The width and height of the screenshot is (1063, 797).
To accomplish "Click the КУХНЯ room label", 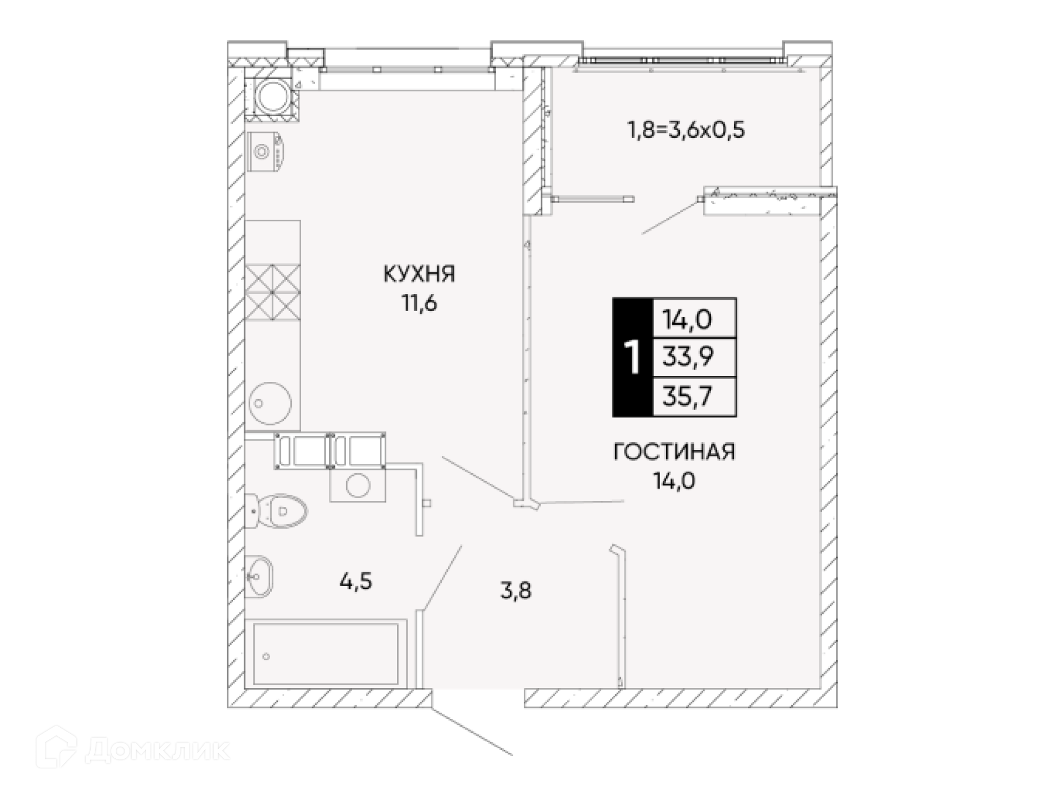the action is pyautogui.click(x=419, y=274).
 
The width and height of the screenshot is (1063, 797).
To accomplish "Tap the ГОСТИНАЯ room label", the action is pyautogui.click(x=674, y=452).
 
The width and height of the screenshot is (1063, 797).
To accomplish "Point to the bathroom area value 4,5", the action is pyautogui.click(x=355, y=582).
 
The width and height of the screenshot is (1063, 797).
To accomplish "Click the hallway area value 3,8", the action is pyautogui.click(x=515, y=591).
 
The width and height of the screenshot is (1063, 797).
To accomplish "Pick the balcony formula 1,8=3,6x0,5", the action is pyautogui.click(x=686, y=130).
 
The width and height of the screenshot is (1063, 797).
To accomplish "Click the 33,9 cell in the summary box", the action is pyautogui.click(x=688, y=358).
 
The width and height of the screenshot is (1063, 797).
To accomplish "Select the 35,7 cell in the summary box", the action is pyautogui.click(x=688, y=396).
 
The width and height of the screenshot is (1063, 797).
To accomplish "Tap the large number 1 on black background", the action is pyautogui.click(x=632, y=358).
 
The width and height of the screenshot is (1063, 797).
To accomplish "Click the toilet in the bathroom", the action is pyautogui.click(x=276, y=511).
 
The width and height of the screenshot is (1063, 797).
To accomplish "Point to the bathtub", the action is pyautogui.click(x=326, y=654).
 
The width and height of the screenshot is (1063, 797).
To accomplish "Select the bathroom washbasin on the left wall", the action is pyautogui.click(x=259, y=576).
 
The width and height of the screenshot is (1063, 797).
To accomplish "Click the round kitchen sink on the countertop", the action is pyautogui.click(x=270, y=403).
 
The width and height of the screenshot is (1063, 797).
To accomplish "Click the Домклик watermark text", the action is pyautogui.click(x=158, y=751).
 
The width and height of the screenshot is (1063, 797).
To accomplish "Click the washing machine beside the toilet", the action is pyautogui.click(x=358, y=485).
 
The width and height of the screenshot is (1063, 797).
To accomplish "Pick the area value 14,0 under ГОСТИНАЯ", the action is pyautogui.click(x=674, y=481).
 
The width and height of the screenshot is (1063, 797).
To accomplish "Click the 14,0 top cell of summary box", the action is pyautogui.click(x=688, y=319).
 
